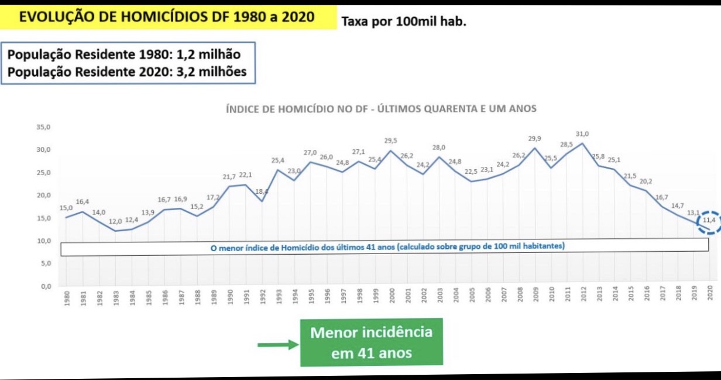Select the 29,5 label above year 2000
(x=390, y=141)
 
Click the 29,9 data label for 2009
(x=534, y=139)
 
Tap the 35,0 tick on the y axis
(x=44, y=127)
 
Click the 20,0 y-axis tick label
(x=44, y=196)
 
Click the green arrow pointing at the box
(x=277, y=344)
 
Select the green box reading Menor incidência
(x=371, y=343)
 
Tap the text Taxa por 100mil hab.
(x=404, y=23)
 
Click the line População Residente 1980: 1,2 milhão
(x=124, y=54)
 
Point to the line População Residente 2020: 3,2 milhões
(x=127, y=72)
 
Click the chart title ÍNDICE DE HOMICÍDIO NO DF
(x=381, y=109)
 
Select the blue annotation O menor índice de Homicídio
(x=387, y=247)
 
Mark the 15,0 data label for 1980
(x=66, y=208)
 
